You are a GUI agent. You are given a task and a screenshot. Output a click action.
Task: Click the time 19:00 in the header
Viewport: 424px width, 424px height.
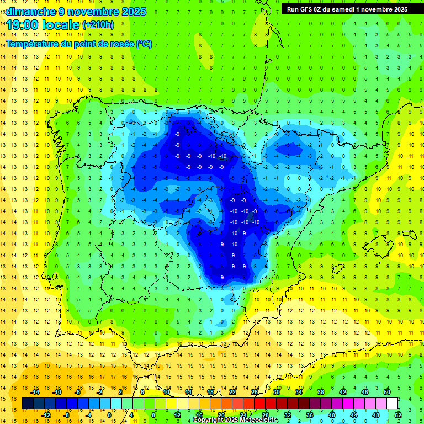click(x=24, y=24)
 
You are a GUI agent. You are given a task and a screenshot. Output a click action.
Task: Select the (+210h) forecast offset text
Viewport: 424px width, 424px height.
click(x=98, y=24)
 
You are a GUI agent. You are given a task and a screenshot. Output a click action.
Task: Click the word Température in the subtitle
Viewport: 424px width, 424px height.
click(x=32, y=44)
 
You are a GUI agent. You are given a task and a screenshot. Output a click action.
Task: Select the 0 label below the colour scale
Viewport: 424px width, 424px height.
click(x=109, y=415)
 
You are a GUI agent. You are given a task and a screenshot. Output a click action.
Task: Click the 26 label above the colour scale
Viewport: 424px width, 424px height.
click(x=255, y=392)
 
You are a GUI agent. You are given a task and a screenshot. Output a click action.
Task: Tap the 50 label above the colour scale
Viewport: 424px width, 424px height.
click(x=386, y=392)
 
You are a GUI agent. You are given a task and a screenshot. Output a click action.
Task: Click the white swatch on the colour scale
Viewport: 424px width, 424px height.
click(x=393, y=403)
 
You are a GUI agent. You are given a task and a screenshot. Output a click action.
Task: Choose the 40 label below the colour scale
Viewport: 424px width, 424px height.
click(x=331, y=415)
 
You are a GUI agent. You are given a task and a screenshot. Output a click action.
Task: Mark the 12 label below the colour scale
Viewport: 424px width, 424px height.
click(x=177, y=415)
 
